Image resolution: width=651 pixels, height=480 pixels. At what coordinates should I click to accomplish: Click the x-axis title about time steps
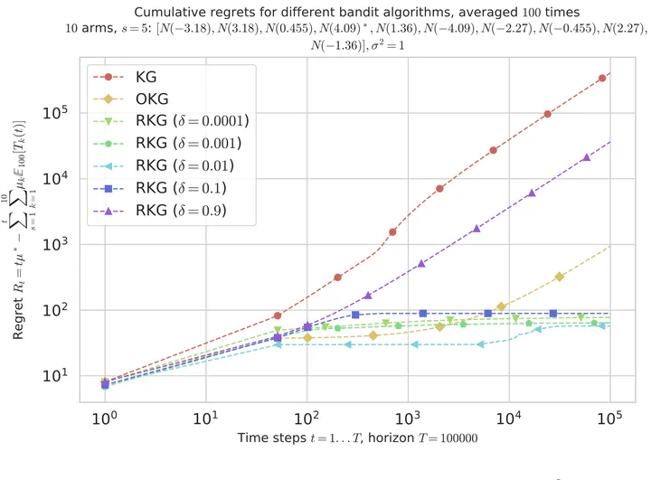click(x=357, y=440)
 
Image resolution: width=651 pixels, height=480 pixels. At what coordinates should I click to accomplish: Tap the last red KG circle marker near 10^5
click(x=602, y=79)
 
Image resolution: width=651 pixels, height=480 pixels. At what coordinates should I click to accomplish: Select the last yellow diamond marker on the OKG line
click(x=560, y=277)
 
